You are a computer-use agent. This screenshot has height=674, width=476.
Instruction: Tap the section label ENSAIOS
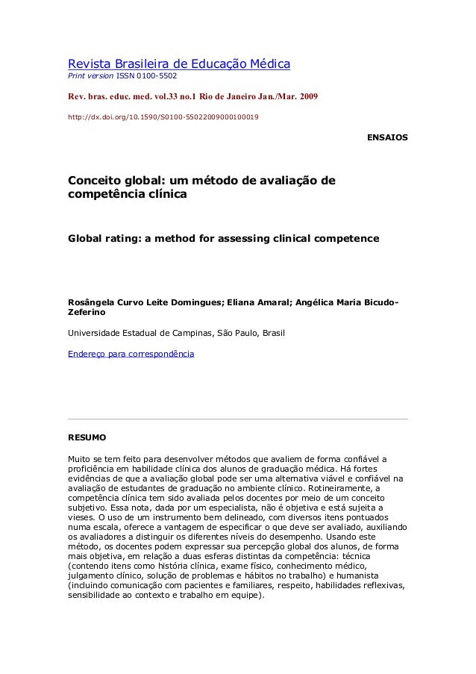coord(389,139)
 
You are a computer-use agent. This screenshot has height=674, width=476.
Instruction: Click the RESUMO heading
coord(87,435)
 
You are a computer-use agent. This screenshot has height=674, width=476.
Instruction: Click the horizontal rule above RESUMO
coord(238,419)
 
